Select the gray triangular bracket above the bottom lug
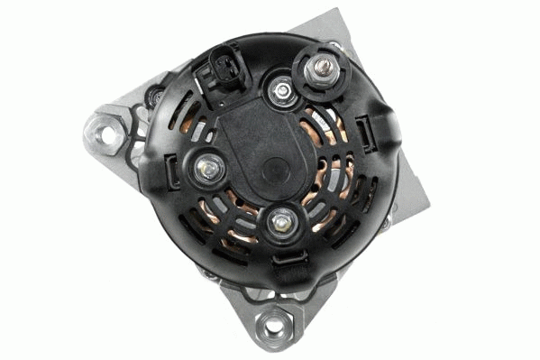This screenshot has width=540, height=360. click(x=270, y=291)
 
